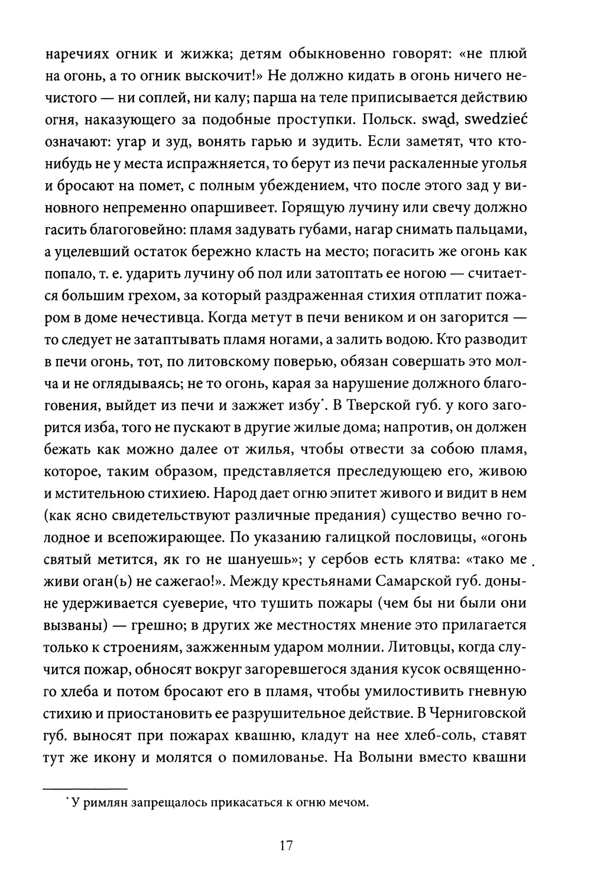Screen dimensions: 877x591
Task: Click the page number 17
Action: click(286, 845)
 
